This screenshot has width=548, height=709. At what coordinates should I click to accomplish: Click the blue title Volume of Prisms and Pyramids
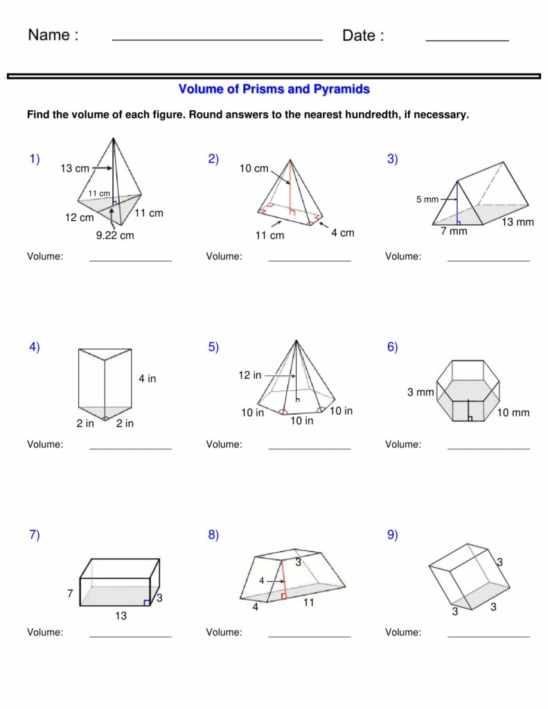pyautogui.click(x=274, y=89)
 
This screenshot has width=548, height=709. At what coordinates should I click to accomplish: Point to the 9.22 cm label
pyautogui.click(x=115, y=235)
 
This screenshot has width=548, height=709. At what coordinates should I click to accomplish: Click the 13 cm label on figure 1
pyautogui.click(x=75, y=168)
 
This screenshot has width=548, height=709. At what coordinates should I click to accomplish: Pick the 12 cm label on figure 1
pyautogui.click(x=80, y=217)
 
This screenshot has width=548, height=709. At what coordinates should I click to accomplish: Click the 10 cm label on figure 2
pyautogui.click(x=254, y=168)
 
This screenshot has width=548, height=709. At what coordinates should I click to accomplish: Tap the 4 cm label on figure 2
pyautogui.click(x=342, y=233)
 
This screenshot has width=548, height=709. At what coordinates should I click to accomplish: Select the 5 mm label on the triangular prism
pyautogui.click(x=427, y=199)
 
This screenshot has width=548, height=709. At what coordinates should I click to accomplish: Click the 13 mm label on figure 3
pyautogui.click(x=518, y=222)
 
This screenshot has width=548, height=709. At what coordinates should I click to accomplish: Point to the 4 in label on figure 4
pyautogui.click(x=147, y=379)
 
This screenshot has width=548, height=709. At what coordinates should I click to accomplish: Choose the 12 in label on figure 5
pyautogui.click(x=250, y=375)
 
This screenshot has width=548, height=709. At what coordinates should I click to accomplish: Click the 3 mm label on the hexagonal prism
pyautogui.click(x=421, y=393)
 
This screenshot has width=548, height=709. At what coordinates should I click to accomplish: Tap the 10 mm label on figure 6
pyautogui.click(x=513, y=413)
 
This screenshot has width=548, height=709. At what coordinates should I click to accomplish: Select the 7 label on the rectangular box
pyautogui.click(x=70, y=593)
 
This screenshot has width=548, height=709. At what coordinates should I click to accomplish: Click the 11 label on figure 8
pyautogui.click(x=308, y=602)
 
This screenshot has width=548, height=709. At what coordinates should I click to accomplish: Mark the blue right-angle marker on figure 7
pyautogui.click(x=146, y=602)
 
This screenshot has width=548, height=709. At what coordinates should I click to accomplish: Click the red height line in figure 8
pyautogui.click(x=284, y=580)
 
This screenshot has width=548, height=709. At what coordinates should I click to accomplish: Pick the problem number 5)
pyautogui.click(x=213, y=348)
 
